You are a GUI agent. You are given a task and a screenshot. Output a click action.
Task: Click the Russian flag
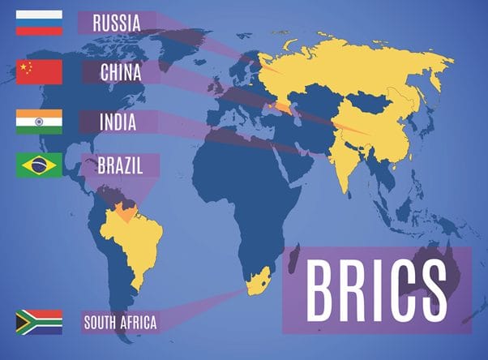[x=39, y=22]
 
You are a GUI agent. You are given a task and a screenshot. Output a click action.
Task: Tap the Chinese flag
[x=39, y=72]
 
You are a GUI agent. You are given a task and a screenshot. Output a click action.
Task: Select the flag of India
[x=39, y=122]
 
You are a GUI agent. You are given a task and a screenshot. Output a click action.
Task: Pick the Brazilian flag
[x=39, y=166]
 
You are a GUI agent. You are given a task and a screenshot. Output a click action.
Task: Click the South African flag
[x=39, y=321]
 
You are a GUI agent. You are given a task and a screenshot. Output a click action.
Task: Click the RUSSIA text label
[x=116, y=23]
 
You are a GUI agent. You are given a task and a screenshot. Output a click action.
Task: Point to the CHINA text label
[x=121, y=72]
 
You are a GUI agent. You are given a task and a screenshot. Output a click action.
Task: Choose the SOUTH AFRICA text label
[x=120, y=323]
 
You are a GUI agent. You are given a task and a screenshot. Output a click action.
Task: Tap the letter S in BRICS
[x=439, y=289]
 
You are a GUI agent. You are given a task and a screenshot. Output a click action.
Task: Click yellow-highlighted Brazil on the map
[x=130, y=239]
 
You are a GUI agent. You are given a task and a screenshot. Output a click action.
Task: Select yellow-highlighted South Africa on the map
[x=260, y=284]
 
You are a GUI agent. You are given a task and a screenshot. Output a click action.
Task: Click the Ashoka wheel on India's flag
[x=39, y=122]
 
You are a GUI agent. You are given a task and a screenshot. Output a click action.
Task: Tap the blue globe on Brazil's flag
[x=39, y=166]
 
